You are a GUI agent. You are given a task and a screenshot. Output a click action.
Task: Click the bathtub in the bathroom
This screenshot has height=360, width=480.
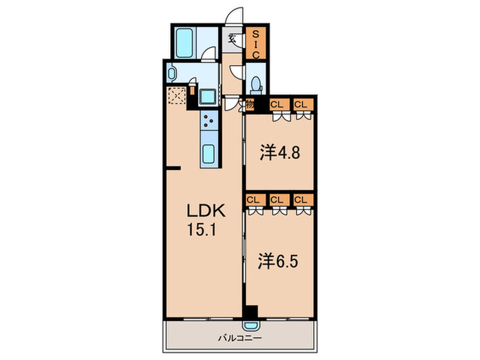(x=184, y=43)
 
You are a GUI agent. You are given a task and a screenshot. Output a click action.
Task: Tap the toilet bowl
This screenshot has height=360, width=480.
(x=256, y=84)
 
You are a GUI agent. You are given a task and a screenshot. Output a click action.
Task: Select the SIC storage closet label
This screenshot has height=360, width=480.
(x=256, y=44)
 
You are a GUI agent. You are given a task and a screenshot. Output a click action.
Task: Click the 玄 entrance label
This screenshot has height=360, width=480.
(x=232, y=38)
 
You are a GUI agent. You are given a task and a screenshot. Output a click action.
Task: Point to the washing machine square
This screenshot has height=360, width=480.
(x=208, y=97)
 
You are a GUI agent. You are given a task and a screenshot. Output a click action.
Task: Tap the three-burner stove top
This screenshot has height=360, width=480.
(x=209, y=120)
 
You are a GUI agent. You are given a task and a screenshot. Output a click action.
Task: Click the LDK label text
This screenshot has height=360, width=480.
(x=206, y=211)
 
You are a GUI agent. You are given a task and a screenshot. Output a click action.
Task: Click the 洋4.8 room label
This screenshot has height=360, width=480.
(x=280, y=153)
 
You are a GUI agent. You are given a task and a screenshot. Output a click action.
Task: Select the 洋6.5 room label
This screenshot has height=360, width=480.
(x=278, y=262)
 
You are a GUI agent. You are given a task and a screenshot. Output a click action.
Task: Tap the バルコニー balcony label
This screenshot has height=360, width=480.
(x=240, y=338)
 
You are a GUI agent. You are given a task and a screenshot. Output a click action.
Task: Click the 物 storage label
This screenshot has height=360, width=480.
(x=250, y=105)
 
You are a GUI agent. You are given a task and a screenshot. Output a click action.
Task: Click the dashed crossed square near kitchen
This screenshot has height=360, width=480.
(x=177, y=95)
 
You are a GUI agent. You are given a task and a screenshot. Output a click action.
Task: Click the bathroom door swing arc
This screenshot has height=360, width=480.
(x=209, y=54)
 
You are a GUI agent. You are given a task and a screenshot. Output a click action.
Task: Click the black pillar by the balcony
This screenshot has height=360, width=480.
(x=252, y=311)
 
